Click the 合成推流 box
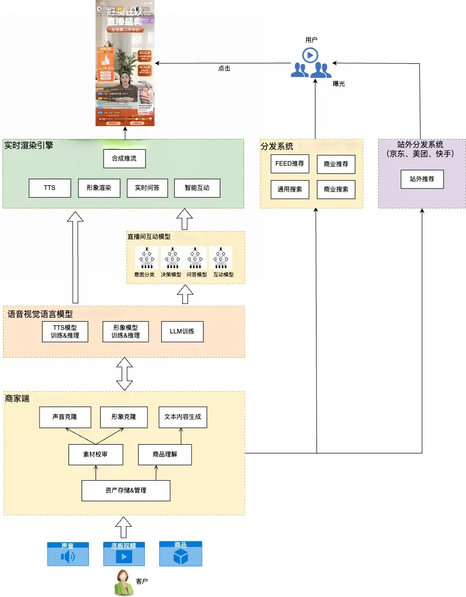point(124,159)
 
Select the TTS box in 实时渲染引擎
point(49,188)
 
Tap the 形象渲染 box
point(99,188)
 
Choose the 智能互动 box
point(197,188)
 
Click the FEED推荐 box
point(290,164)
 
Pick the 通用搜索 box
point(290,189)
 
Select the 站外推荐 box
point(422,180)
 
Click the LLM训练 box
point(182,332)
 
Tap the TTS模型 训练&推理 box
point(65,332)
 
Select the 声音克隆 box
point(65,417)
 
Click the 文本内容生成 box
point(183,417)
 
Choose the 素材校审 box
point(96,454)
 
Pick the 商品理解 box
point(165,454)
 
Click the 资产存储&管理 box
point(126,490)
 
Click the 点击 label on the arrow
point(224,68)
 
